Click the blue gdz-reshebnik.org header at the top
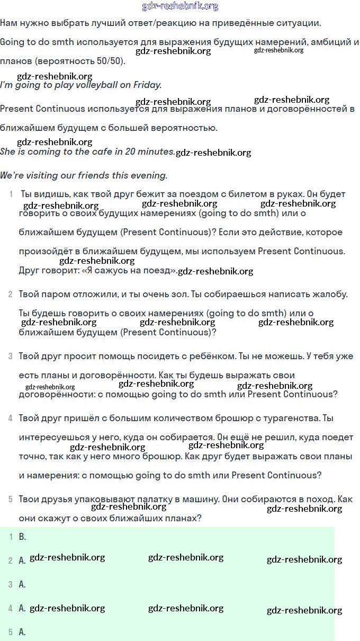pos(180,6)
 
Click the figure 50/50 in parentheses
pos(109,61)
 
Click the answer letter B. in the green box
pos(22,537)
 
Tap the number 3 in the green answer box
pos(10,584)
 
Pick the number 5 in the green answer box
pos(10,632)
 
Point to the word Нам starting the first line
pos(9,23)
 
